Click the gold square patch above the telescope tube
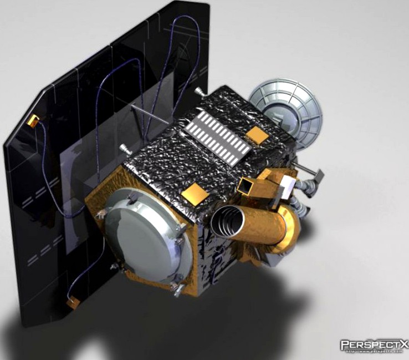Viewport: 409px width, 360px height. [x=195, y=194]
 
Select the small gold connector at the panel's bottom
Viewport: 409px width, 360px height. [x=72, y=303]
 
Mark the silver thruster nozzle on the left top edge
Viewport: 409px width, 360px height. [x=125, y=149]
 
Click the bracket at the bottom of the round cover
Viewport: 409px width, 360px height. [x=177, y=288]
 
